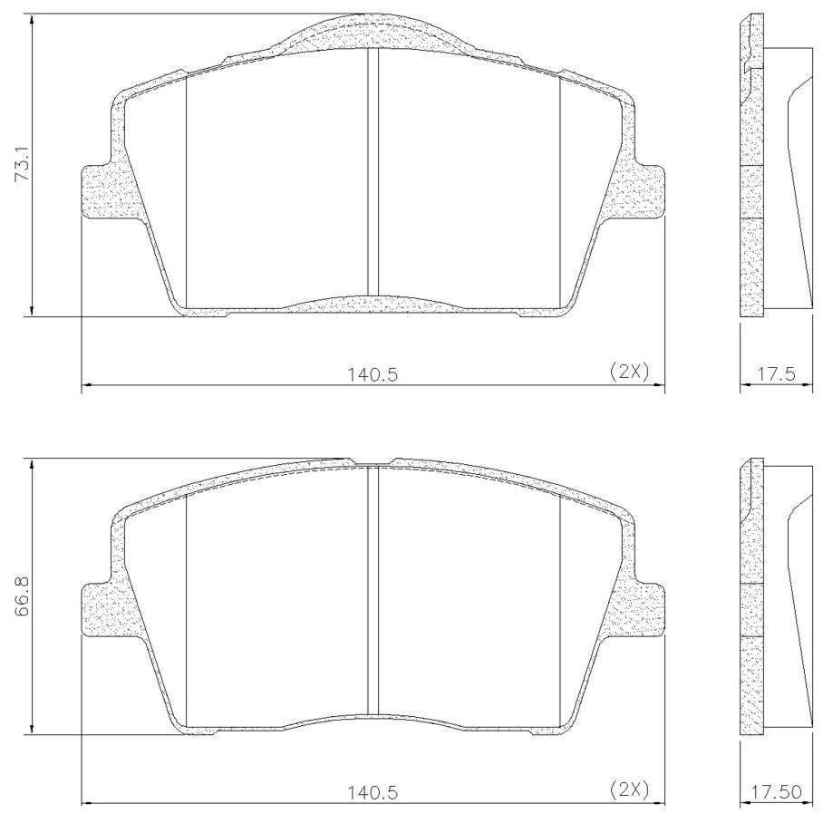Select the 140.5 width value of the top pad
click(373, 374)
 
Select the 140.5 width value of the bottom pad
click(373, 792)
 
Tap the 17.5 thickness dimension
click(776, 374)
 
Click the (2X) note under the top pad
click(629, 372)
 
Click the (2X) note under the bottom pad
click(629, 789)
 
